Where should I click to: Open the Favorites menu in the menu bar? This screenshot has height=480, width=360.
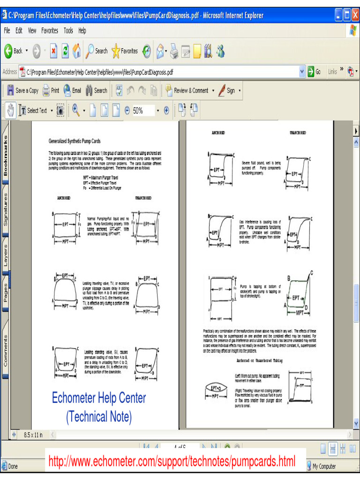pyautogui.click(x=50, y=31)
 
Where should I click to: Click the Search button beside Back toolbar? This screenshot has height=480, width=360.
pyautogui.click(x=97, y=51)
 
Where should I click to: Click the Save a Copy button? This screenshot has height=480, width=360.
pyautogui.click(x=22, y=90)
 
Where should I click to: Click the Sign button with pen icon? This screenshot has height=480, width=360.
pyautogui.click(x=228, y=90)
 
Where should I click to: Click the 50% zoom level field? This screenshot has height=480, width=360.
pyautogui.click(x=142, y=111)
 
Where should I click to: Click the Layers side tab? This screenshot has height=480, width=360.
pyautogui.click(x=6, y=255)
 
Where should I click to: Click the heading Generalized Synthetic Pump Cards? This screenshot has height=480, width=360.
pyautogui.click(x=75, y=141)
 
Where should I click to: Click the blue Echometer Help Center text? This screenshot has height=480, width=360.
pyautogui.click(x=98, y=398)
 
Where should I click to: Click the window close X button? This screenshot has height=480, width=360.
pyautogui.click(x=354, y=15)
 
